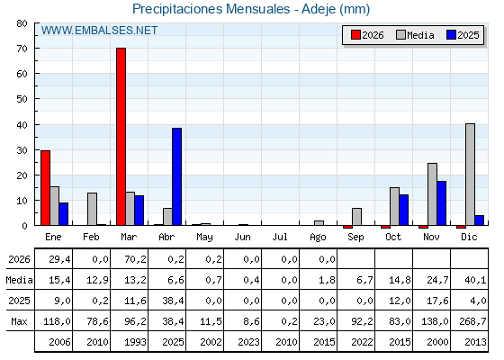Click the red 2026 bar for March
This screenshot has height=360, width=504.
(x=121, y=137)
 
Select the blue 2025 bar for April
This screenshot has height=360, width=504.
(x=176, y=176)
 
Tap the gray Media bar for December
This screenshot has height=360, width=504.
(x=470, y=175)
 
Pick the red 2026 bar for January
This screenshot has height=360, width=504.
(x=45, y=188)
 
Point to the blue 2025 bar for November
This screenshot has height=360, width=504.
(x=441, y=203)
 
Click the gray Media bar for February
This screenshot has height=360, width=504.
(x=92, y=209)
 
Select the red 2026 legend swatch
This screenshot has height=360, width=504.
(x=355, y=35)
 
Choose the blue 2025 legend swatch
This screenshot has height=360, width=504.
(x=451, y=35)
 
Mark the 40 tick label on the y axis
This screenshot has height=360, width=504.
(x=22, y=125)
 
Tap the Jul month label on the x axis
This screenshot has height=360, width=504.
(x=280, y=237)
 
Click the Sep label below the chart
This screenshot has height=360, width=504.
(x=355, y=238)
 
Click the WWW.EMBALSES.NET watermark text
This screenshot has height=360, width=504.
(x=99, y=31)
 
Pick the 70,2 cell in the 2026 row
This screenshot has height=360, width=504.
(x=135, y=259)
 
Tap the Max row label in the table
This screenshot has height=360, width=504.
(x=19, y=321)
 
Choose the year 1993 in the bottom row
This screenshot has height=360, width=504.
(x=135, y=342)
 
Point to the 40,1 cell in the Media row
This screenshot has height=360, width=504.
(x=475, y=280)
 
